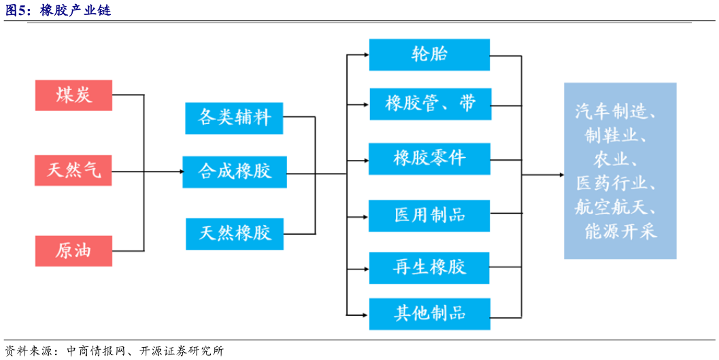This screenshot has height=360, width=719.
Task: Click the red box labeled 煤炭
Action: tap(73, 95)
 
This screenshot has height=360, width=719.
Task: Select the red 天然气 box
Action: tap(73, 170)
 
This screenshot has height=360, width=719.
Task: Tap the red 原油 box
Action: tap(73, 250)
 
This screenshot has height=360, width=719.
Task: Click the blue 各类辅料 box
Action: tap(235, 118)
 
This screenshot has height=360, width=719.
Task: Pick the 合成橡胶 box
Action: tap(235, 171)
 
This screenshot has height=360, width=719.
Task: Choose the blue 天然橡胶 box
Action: tap(235, 233)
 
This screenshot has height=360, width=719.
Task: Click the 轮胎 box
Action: tap(429, 54)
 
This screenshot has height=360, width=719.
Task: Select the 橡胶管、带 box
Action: tap(429, 104)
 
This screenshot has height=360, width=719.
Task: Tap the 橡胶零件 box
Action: tap(429, 159)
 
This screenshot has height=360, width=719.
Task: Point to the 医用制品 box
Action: tap(429, 216)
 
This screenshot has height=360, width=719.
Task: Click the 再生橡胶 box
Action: tap(429, 267)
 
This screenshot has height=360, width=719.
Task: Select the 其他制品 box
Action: tap(429, 313)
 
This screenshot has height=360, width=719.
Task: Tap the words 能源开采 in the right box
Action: tap(620, 231)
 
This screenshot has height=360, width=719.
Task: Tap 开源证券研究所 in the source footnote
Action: tap(182, 351)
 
